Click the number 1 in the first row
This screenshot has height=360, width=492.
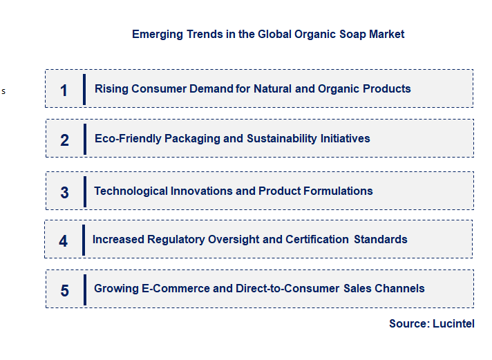point(64,90)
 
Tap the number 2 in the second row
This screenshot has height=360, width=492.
point(64,140)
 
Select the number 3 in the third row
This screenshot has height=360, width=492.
point(64,193)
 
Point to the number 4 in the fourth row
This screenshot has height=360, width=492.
point(64,241)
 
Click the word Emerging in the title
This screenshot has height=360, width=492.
point(158,34)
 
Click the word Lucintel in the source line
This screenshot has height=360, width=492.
point(453,323)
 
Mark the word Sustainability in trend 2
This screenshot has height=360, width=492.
point(282,138)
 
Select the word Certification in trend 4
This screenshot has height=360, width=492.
point(315,239)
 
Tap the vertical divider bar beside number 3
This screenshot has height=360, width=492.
point(85,191)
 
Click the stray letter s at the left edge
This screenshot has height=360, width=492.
point(3,91)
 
